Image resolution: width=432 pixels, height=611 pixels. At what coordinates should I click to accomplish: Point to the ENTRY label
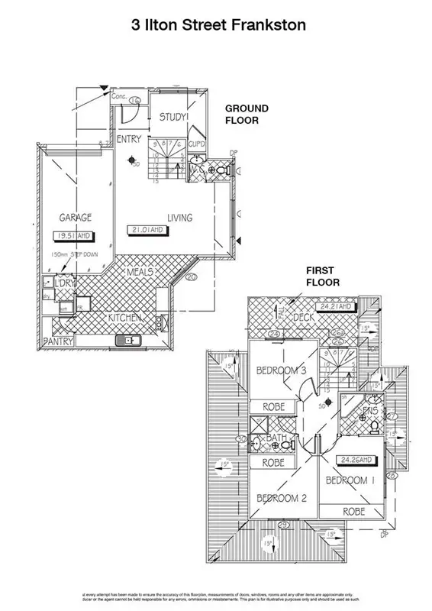click(x=128, y=139)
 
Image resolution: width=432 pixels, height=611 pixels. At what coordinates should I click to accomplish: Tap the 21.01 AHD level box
click(x=150, y=230)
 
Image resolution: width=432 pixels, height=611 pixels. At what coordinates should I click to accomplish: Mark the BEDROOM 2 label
click(x=281, y=497)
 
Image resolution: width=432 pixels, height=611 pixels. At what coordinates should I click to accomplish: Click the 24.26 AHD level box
click(x=357, y=461)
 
